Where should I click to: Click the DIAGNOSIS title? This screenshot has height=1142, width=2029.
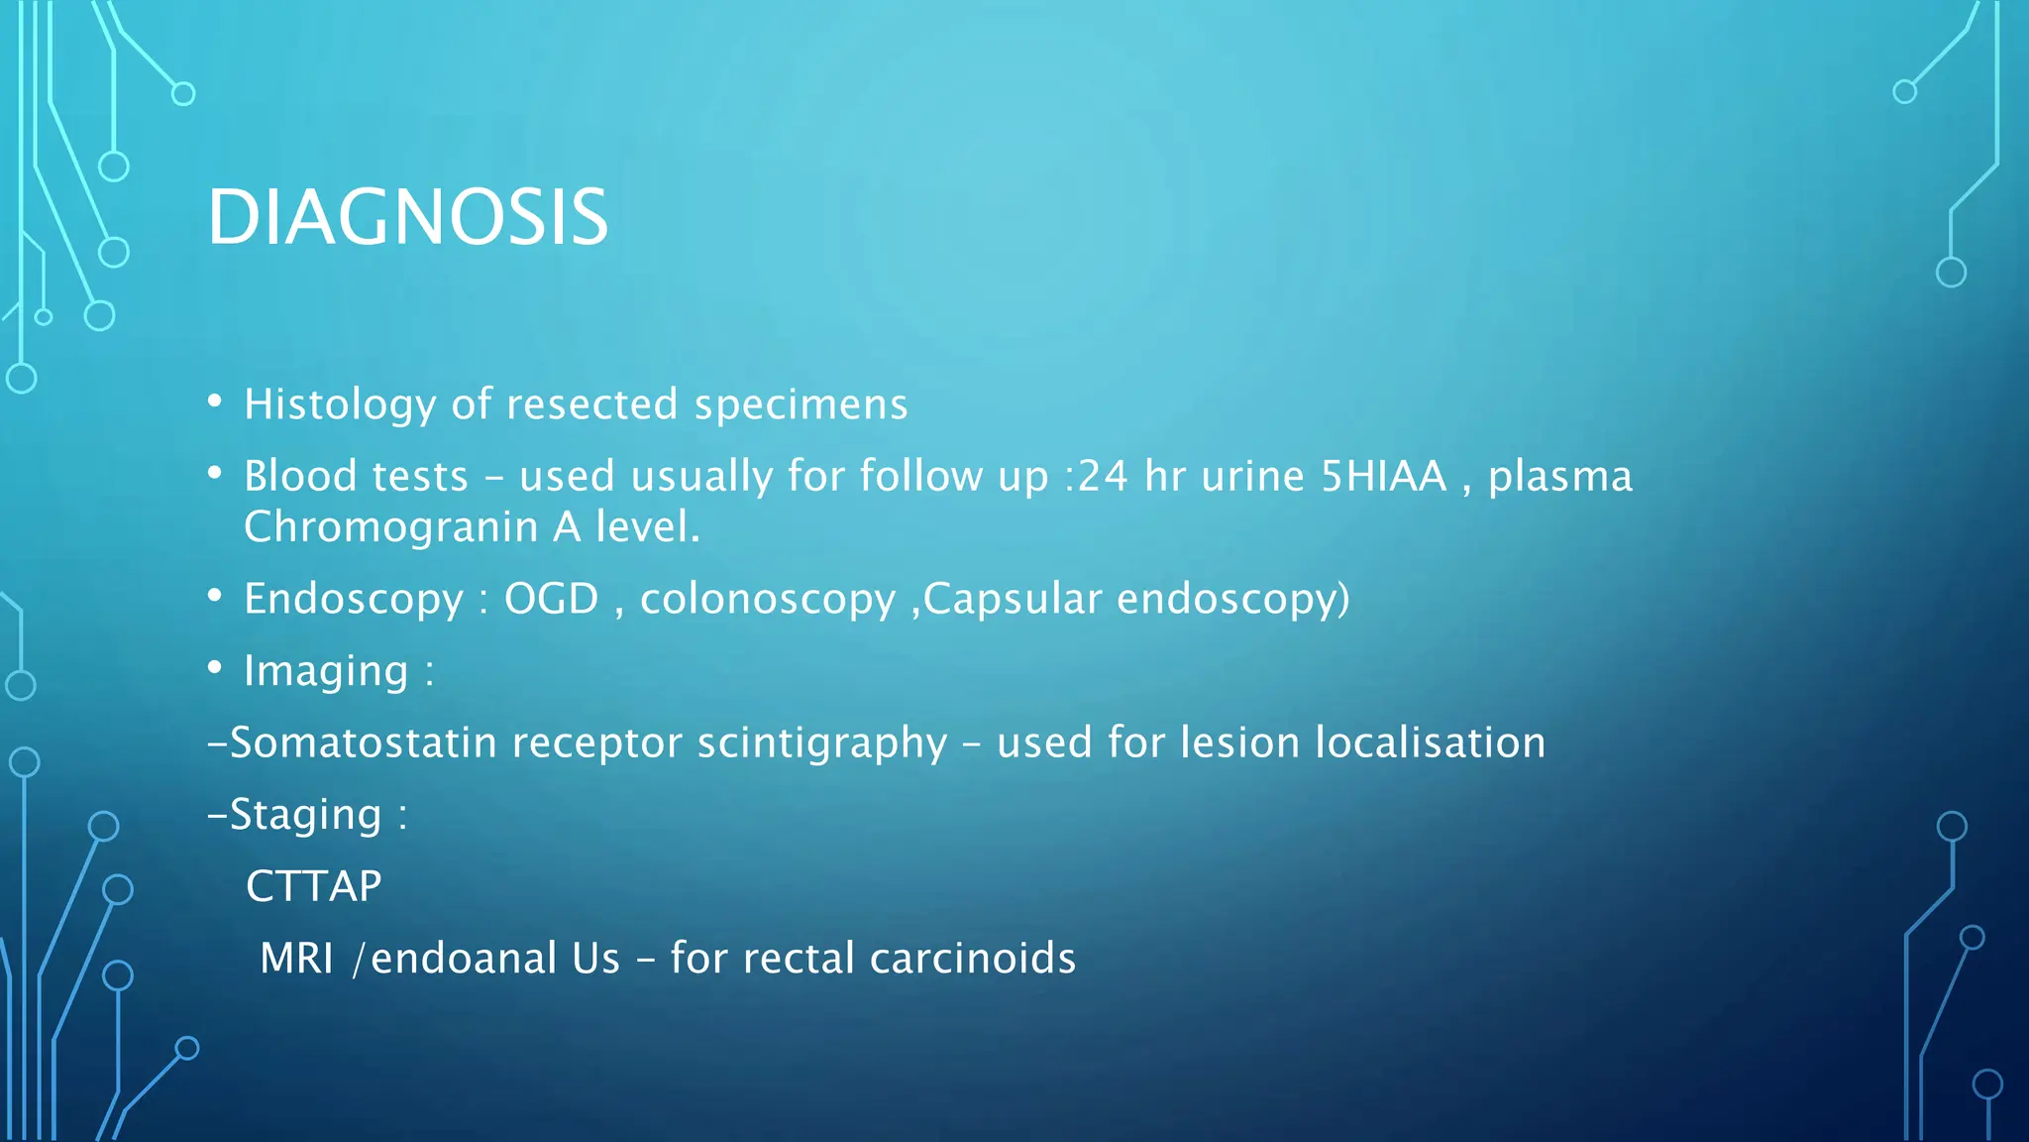click(407, 217)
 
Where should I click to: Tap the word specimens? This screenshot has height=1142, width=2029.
click(801, 404)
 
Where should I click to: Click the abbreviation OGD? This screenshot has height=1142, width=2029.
click(551, 599)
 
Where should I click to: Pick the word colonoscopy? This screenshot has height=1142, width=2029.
click(767, 599)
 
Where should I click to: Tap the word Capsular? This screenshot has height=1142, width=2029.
click(1012, 599)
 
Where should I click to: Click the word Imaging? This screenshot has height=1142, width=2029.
click(326, 671)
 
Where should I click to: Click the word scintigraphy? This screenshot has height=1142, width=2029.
click(822, 743)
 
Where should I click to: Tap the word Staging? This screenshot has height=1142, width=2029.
click(305, 815)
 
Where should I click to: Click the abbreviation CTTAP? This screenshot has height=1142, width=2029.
click(313, 886)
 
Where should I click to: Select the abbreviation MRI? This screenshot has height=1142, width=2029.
click(296, 959)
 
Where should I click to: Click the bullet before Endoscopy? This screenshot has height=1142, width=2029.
click(215, 596)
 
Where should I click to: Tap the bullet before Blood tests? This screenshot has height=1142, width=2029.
click(215, 473)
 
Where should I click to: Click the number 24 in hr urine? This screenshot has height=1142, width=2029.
click(1102, 476)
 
